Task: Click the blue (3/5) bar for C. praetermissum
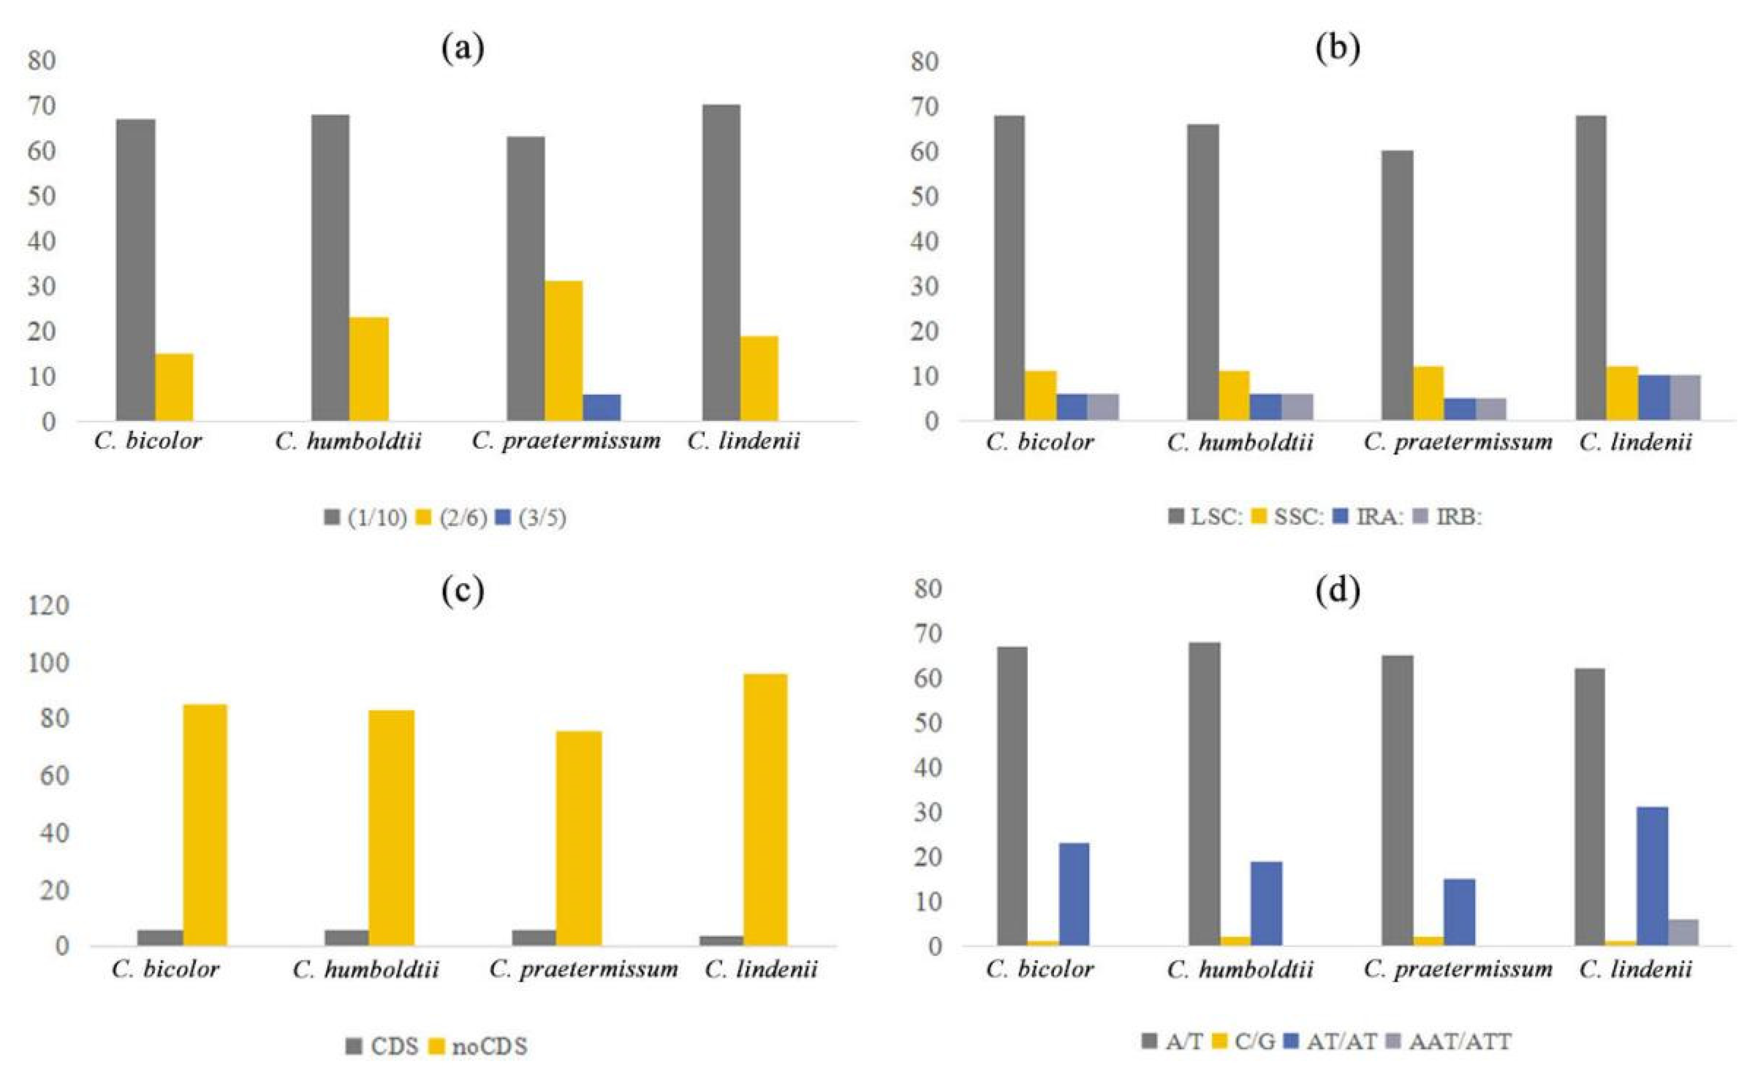601,407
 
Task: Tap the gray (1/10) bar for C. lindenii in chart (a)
721,262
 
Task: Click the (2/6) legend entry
452,518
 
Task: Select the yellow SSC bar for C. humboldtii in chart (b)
1234,395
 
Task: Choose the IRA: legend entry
1370,518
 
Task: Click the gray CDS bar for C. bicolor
160,938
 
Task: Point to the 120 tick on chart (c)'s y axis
49,606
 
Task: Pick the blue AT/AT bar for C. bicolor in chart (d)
1073,894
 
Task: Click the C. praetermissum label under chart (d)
1458,970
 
